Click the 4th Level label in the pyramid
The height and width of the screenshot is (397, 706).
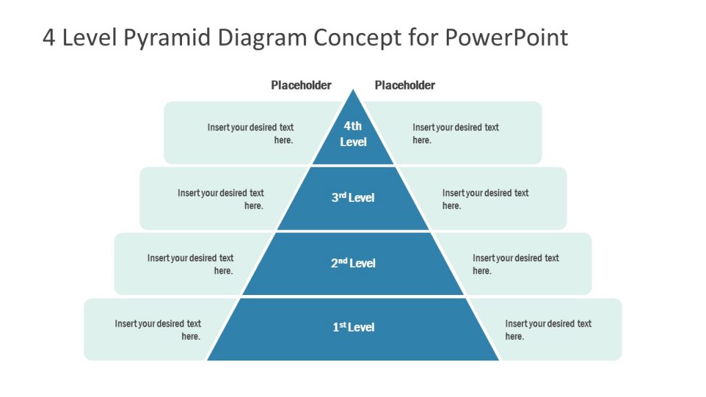353,134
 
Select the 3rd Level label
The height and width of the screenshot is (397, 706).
353,198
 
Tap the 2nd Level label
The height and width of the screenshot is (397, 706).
353,263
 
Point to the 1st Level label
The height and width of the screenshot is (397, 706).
353,327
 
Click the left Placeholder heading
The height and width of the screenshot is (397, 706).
301,85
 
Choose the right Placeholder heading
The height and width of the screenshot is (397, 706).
405,85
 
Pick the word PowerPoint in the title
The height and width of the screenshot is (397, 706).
506,37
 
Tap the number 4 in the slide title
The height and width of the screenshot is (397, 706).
49,37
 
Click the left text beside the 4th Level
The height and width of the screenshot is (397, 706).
250,134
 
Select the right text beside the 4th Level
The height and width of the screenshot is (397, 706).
456,134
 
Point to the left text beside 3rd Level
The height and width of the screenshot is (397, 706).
221,199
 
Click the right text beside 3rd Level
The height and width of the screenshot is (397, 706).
485,199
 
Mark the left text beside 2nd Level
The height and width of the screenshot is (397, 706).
190,264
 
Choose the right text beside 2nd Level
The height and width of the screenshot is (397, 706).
516,264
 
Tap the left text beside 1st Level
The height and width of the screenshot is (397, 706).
158,329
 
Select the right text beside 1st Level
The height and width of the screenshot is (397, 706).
548,329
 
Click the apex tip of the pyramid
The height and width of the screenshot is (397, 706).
353,90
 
